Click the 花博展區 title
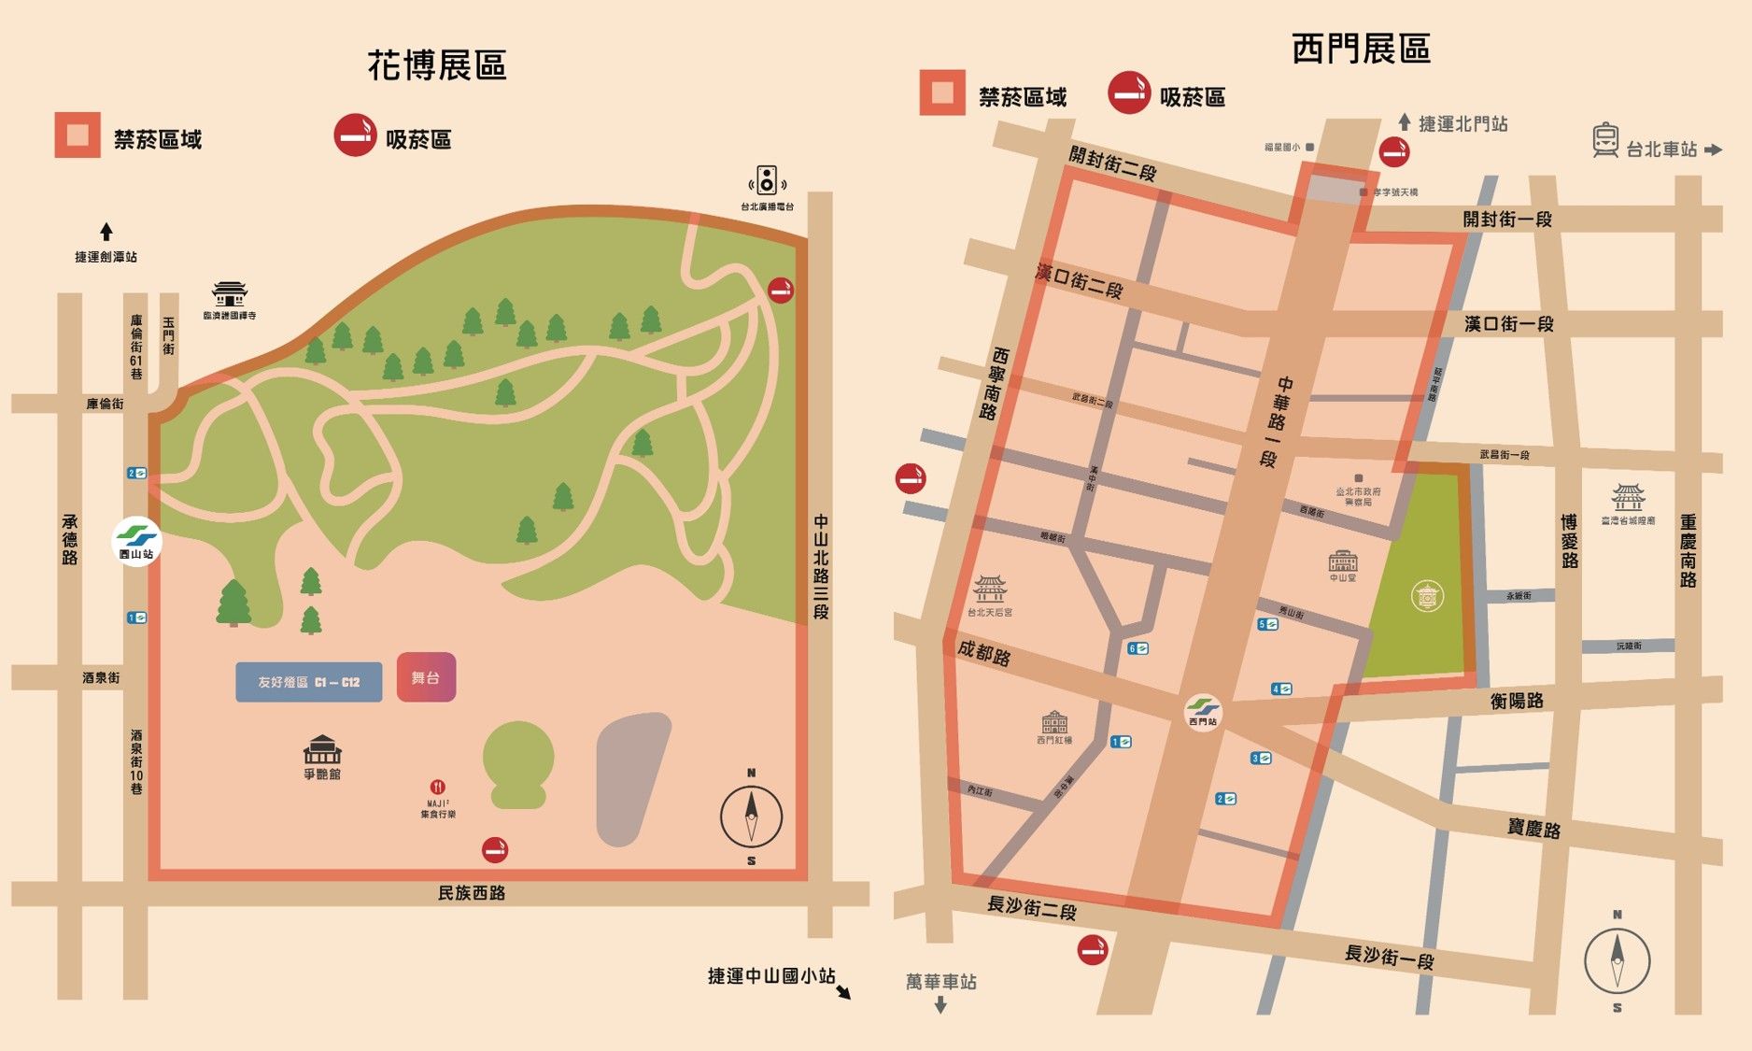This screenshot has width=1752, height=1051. click(437, 65)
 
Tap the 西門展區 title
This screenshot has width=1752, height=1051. click(1361, 49)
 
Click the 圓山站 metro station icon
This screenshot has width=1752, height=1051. click(136, 538)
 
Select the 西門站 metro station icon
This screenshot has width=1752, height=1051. click(1203, 709)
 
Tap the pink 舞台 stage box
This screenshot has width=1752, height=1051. click(426, 677)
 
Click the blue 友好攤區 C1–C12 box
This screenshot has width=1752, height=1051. click(308, 682)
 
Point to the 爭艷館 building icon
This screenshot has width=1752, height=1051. click(322, 749)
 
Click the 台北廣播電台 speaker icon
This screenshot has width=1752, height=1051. click(767, 180)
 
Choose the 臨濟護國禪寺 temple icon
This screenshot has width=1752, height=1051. click(229, 293)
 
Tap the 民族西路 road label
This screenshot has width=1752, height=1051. click(472, 893)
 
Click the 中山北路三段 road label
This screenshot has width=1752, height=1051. click(821, 566)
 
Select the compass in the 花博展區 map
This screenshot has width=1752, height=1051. click(751, 817)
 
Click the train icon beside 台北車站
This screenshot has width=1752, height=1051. click(1605, 140)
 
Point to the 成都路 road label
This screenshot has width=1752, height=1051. click(983, 651)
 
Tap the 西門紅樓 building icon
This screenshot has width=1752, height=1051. click(1054, 722)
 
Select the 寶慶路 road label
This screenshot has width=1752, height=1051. click(1533, 828)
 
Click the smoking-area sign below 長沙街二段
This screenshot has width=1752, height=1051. click(1092, 950)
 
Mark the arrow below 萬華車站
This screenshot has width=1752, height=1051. click(940, 1005)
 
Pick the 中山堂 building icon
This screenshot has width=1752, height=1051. click(1342, 561)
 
